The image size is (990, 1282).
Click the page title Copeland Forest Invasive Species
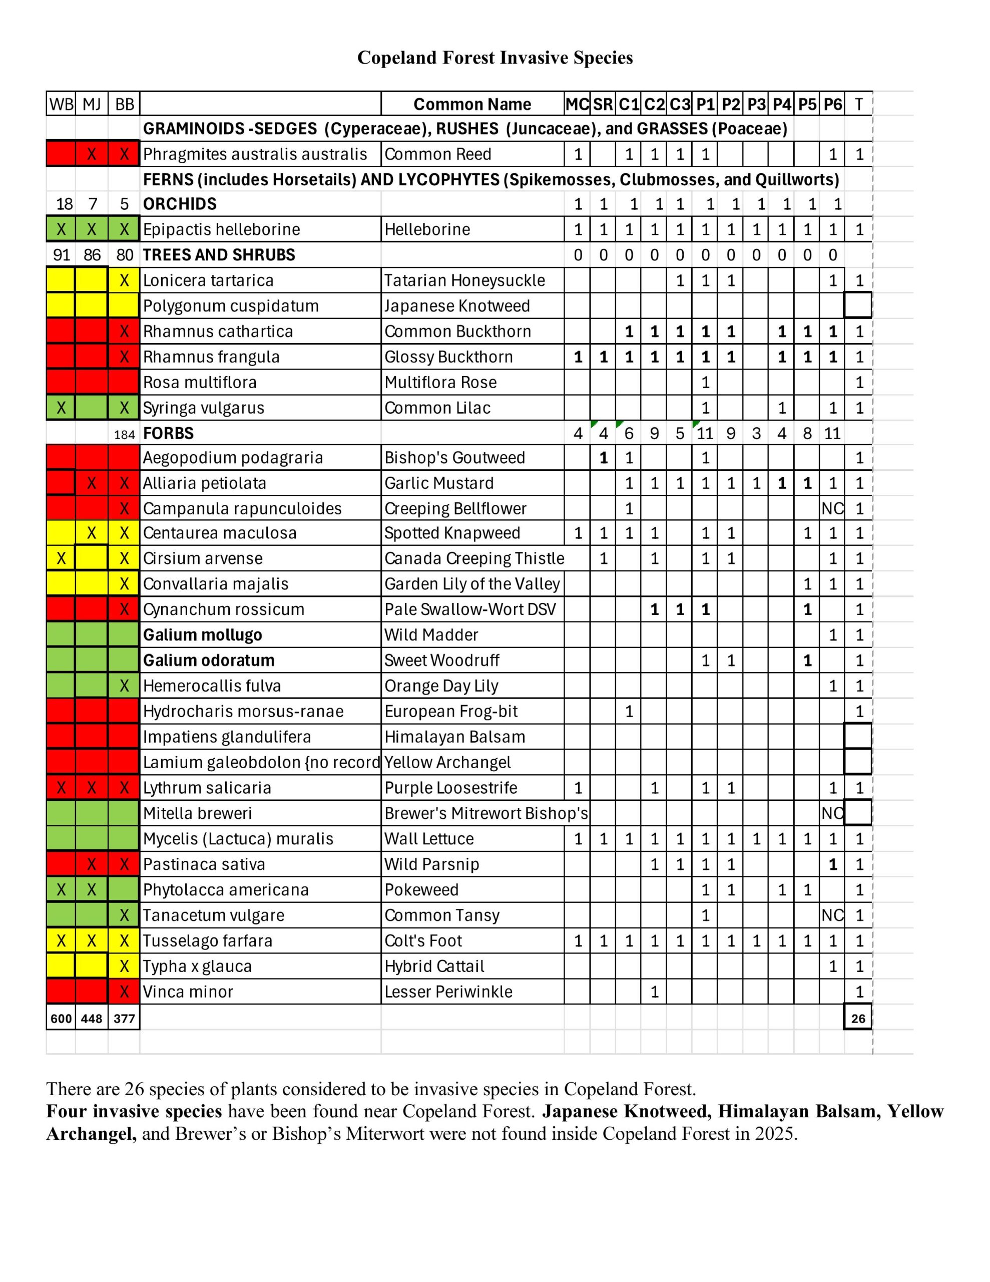coord(494,58)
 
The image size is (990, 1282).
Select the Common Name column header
coord(472,105)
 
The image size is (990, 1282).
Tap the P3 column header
coord(756,105)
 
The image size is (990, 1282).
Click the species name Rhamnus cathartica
coord(218,332)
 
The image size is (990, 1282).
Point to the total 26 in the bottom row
coord(858,1019)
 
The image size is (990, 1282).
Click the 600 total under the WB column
coord(61,1019)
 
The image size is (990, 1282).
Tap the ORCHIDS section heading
coord(180,204)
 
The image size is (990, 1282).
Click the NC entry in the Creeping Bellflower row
coord(832,508)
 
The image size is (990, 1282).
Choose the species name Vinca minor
coord(188,992)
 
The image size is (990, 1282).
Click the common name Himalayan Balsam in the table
coord(454,737)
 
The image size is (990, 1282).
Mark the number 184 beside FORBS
coord(125,434)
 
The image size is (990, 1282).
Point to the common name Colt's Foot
coord(422,941)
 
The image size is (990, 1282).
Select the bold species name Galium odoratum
coord(208,661)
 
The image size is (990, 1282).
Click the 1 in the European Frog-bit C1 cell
coord(629,712)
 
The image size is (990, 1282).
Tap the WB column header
coord(61,105)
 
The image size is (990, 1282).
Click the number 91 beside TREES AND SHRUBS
coord(61,255)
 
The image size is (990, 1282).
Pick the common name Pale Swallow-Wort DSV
coord(469,609)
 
